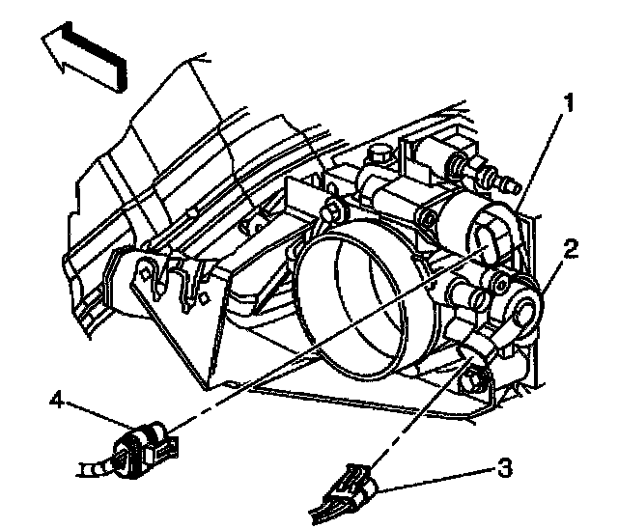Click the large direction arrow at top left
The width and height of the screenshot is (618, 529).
tap(83, 56)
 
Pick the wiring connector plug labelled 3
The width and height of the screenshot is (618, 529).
tap(355, 485)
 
